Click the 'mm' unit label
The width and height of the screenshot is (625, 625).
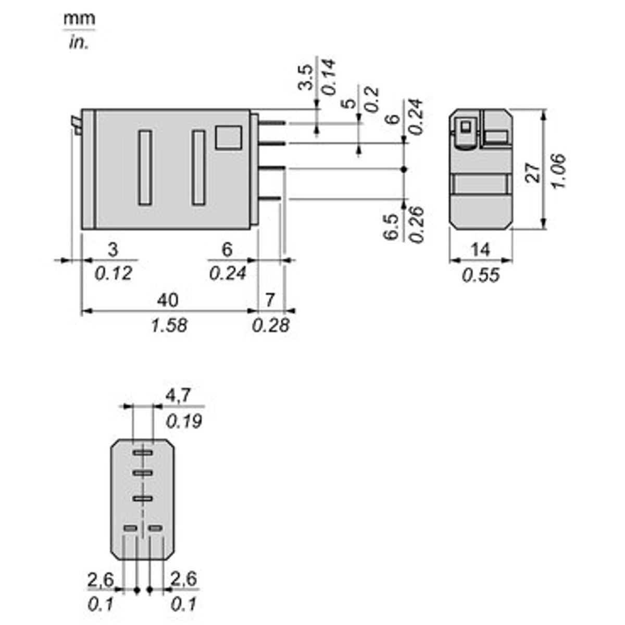[80, 19]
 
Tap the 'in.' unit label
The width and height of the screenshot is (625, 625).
[79, 43]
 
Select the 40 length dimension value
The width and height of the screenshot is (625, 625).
[168, 300]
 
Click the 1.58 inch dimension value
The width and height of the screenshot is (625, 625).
[169, 326]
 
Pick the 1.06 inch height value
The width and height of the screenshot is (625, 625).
[558, 171]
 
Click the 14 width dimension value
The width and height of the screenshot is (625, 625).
[480, 250]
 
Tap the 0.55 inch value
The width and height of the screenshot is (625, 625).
[481, 276]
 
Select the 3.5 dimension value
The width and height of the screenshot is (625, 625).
[306, 77]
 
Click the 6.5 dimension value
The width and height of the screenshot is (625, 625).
[391, 227]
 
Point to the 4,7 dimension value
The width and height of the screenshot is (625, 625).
[178, 396]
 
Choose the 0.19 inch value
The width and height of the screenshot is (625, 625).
[184, 421]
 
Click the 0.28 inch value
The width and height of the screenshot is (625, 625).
[270, 326]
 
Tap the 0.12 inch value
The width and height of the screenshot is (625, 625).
[114, 273]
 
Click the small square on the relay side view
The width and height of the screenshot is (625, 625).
[229, 138]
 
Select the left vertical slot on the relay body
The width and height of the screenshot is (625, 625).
[145, 167]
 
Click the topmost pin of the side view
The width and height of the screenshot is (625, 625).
[272, 123]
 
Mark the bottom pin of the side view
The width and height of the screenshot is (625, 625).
[269, 198]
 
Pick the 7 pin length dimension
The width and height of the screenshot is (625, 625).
[270, 300]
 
